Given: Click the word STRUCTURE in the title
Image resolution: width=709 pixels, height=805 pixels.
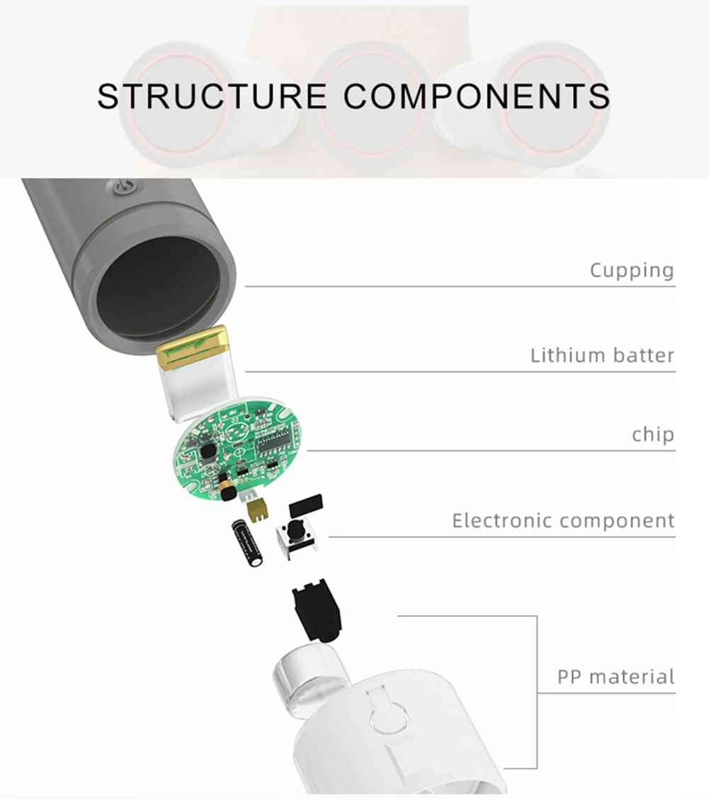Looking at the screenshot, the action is pyautogui.click(x=211, y=96).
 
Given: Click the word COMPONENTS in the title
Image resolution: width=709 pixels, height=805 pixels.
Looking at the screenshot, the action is pyautogui.click(x=477, y=96).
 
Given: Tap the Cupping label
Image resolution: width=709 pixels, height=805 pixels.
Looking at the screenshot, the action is pyautogui.click(x=631, y=270).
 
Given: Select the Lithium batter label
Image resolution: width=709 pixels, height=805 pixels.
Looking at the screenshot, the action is pyautogui.click(x=602, y=354).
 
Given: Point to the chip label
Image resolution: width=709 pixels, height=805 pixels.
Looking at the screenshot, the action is pyautogui.click(x=652, y=434).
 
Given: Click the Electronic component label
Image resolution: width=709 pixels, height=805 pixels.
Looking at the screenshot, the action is pyautogui.click(x=563, y=521).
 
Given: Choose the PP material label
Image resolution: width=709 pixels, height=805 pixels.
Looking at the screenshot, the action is pyautogui.click(x=616, y=676).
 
